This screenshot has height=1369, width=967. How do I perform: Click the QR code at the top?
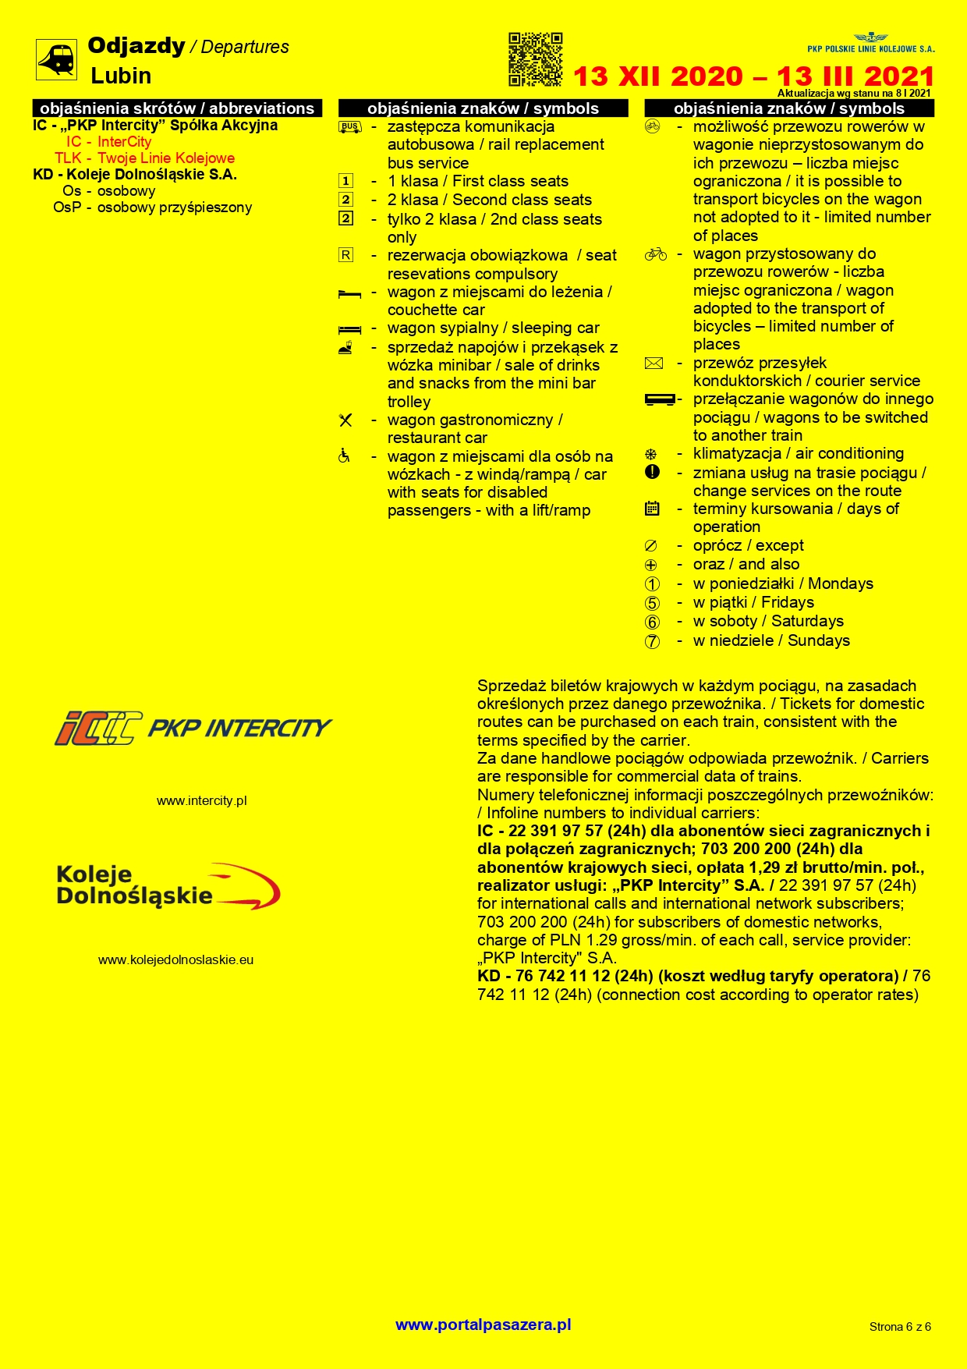(535, 59)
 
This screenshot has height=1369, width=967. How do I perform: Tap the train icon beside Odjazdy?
(56, 59)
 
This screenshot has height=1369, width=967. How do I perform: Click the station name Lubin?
(121, 76)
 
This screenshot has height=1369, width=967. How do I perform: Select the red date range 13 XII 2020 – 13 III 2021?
(753, 76)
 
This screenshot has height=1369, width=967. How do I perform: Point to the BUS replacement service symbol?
(349, 127)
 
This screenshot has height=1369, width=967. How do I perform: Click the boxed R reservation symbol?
(345, 255)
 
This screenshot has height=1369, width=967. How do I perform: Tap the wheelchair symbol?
(344, 456)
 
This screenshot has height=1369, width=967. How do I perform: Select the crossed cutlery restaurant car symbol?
(345, 420)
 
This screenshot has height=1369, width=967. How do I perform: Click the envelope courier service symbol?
(654, 363)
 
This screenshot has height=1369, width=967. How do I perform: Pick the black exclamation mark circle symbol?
(653, 472)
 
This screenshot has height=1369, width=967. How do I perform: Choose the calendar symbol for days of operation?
(653, 509)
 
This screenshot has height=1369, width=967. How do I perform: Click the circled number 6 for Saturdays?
(652, 622)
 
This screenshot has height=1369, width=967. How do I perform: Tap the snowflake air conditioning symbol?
(651, 454)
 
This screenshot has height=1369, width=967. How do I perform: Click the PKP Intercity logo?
(193, 728)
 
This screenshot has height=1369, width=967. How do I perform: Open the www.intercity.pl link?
(201, 800)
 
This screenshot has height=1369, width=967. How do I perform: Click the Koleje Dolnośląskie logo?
(168, 886)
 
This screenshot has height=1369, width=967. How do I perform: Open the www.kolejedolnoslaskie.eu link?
(175, 959)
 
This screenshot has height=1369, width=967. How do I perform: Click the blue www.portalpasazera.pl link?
(483, 1325)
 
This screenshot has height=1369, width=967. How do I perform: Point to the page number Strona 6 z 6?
(900, 1326)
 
